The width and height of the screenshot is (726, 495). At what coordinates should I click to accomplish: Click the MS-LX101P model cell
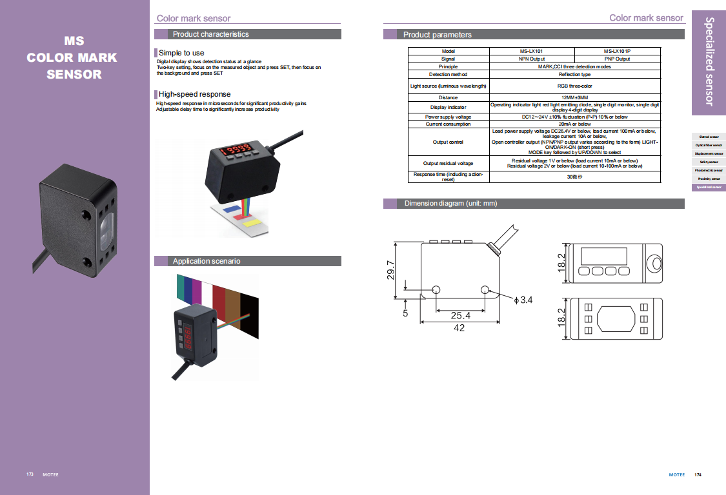click(617, 51)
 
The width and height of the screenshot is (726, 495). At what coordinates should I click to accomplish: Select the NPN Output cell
click(532, 59)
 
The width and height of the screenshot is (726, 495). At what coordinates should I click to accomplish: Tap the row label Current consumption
click(448, 124)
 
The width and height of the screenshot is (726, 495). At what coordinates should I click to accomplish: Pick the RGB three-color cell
click(575, 86)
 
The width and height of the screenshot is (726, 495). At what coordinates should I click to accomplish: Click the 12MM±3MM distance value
click(575, 97)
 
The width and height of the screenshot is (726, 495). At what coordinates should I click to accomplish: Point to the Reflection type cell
click(575, 74)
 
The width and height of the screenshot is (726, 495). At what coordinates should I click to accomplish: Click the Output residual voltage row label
click(448, 163)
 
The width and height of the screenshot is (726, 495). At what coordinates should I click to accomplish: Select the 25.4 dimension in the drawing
click(460, 316)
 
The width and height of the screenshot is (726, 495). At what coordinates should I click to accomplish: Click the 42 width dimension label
click(459, 328)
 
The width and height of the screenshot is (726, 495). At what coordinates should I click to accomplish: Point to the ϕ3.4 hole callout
click(523, 300)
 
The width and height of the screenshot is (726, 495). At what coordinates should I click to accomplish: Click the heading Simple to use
click(181, 53)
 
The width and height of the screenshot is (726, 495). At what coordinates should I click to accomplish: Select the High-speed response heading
click(194, 94)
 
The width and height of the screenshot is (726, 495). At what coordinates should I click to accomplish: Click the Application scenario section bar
click(248, 261)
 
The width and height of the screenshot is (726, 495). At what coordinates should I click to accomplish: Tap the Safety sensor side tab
click(709, 162)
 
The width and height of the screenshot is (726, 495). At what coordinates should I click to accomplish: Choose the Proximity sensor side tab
click(709, 179)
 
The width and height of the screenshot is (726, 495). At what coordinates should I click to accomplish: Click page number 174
click(698, 475)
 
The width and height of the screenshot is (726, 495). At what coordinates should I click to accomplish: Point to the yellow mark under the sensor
click(253, 222)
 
